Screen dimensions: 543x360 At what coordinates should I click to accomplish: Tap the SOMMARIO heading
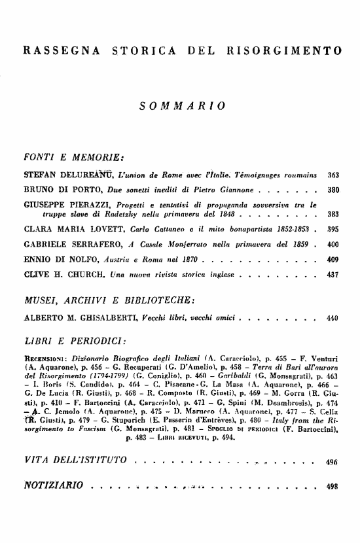180,105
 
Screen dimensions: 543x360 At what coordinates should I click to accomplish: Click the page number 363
333,176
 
